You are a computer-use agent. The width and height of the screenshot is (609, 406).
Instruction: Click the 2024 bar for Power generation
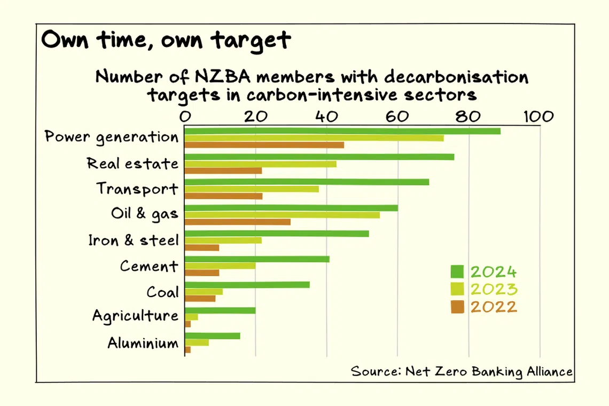[x=342, y=131]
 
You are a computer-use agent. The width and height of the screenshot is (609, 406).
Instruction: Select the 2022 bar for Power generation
[x=264, y=145]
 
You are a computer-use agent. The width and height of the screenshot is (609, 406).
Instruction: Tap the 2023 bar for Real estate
[x=261, y=164]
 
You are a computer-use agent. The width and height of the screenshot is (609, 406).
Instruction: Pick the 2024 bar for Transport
[x=307, y=182]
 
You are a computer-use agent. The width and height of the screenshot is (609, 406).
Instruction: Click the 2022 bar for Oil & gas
[x=238, y=222]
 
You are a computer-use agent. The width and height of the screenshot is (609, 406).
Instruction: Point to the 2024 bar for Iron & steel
[x=277, y=233]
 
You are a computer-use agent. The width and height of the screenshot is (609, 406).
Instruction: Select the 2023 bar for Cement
[x=220, y=266]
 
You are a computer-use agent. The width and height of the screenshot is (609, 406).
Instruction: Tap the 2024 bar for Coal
[x=247, y=285]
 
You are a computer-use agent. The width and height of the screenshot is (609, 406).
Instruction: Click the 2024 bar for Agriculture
[x=220, y=310]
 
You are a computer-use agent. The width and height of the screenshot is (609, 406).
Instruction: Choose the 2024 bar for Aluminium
[x=213, y=336]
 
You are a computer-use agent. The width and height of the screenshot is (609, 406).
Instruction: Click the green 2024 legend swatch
[x=457, y=272]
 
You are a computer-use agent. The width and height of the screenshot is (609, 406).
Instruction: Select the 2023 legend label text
[x=494, y=290]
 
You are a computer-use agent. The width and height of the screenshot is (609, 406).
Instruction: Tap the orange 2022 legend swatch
[x=457, y=307]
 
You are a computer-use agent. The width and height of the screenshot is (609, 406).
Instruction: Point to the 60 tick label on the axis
[x=397, y=116]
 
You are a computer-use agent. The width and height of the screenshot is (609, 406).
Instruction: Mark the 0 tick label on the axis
[x=185, y=116]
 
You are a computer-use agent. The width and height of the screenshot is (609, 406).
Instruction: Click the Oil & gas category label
[x=144, y=214]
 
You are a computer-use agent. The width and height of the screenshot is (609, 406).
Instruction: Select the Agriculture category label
[x=135, y=316]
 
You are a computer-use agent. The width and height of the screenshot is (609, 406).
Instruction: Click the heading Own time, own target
[x=166, y=40]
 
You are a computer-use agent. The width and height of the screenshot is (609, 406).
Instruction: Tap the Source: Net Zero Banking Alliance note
[x=462, y=371]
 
